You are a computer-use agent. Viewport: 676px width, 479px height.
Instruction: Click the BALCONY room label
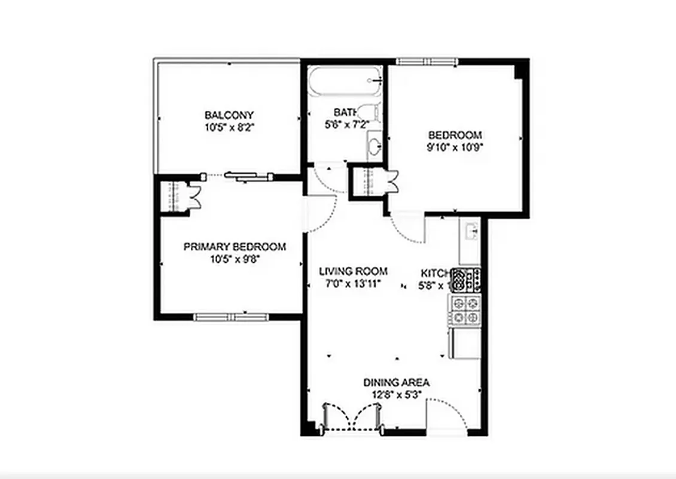pos(229,115)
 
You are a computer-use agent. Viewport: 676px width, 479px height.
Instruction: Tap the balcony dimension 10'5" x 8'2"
pos(229,126)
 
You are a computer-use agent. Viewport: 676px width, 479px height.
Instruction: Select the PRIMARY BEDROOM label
pos(235,247)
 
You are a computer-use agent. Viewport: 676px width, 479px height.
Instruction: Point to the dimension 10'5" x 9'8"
pos(235,259)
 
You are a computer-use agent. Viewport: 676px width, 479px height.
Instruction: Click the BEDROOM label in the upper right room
pos(455,135)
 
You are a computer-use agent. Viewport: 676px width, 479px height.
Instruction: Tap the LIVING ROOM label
pos(353,271)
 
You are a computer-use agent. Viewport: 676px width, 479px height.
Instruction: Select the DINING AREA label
pos(397,383)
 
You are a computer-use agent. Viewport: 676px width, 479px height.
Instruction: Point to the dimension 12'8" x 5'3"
pos(397,394)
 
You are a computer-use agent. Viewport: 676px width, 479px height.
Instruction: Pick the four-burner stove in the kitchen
pos(465,310)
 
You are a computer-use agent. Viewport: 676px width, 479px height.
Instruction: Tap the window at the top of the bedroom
pos(427,60)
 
